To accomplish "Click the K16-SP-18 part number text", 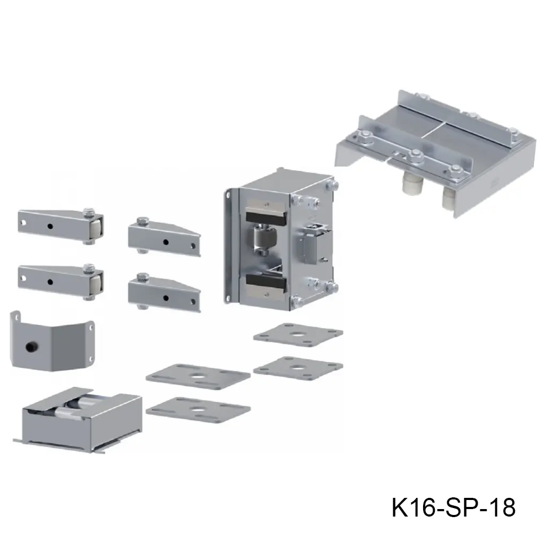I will (454, 507).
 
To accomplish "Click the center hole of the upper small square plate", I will (298, 335).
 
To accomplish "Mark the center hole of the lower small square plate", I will (298, 368).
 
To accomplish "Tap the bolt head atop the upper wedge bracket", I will (142, 221).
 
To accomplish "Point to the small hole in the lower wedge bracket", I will (166, 298).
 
